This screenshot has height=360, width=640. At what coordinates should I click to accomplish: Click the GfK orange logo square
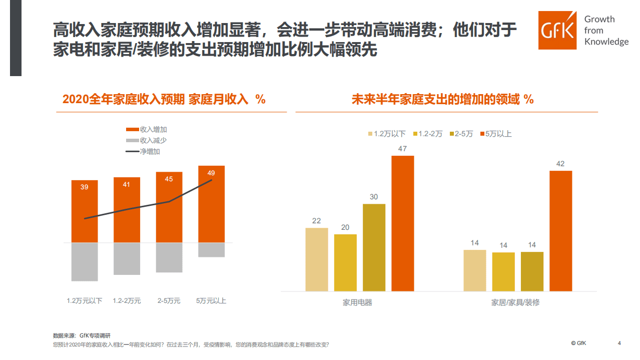click(558, 30)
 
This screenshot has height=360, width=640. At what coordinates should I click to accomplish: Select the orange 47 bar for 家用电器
click(402, 223)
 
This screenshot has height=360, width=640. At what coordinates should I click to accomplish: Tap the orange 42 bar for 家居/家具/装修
click(560, 231)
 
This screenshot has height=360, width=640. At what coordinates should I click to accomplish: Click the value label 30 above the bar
click(374, 197)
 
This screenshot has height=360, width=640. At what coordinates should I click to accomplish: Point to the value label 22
click(316, 221)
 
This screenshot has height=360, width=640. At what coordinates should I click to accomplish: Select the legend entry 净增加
click(150, 151)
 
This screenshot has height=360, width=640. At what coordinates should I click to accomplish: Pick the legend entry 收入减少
click(153, 140)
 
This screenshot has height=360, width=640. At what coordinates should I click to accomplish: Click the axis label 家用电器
click(357, 302)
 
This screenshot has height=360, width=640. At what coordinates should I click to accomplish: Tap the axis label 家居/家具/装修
click(515, 302)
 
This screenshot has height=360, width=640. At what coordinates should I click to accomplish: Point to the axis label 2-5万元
click(169, 301)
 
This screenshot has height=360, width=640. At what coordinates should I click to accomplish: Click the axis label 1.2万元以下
click(84, 301)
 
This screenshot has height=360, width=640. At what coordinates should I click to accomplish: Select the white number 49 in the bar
click(211, 173)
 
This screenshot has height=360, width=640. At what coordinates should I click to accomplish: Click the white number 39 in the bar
click(84, 187)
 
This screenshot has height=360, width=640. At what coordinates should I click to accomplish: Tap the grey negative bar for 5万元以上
click(211, 250)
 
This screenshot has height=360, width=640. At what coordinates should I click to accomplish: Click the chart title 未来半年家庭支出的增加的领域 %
click(442, 99)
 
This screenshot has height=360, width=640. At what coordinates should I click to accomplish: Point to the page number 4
click(619, 343)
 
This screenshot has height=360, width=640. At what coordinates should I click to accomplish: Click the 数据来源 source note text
click(82, 335)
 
